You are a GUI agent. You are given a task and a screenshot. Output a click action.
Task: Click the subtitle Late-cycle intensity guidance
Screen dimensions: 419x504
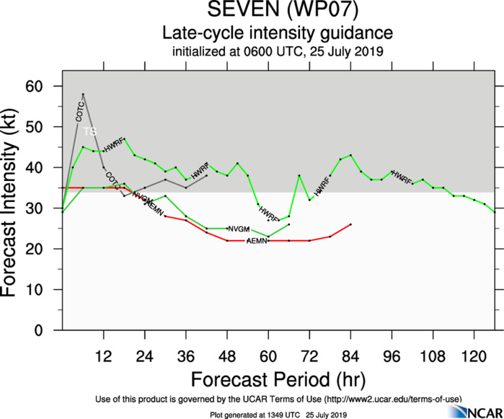277,33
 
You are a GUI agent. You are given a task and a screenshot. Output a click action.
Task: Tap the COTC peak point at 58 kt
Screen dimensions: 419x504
83,94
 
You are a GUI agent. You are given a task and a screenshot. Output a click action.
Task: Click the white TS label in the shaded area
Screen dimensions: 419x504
89,131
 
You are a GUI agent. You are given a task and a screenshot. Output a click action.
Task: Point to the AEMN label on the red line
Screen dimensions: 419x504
257,240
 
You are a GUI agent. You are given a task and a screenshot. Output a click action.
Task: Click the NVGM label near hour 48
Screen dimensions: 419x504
239,229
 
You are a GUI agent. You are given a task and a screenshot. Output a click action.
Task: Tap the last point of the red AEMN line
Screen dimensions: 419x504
350,224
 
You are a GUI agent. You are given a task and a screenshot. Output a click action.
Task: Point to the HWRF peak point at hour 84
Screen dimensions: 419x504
350,155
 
